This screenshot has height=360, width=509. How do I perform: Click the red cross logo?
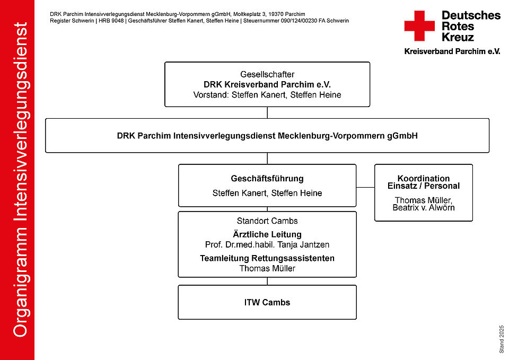419,25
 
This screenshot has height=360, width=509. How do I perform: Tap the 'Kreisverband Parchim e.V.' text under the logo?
452,51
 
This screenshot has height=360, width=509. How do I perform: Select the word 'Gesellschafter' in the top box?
267,74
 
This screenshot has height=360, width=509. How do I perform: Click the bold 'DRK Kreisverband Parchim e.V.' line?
267,84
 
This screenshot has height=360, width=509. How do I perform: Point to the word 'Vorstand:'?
211,95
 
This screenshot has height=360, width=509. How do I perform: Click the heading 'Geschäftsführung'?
267,179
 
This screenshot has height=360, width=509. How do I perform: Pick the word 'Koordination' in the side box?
424,178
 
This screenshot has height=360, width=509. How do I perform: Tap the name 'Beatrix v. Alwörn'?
424,208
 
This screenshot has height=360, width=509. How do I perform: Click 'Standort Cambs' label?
267,221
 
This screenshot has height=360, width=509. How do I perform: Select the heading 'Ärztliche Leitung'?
267,234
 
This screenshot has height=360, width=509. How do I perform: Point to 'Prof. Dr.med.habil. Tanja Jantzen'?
267,245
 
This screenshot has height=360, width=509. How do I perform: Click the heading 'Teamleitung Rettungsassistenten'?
267,258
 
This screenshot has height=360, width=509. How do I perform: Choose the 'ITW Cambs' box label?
267,303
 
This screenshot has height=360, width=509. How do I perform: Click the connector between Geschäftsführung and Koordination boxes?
365,187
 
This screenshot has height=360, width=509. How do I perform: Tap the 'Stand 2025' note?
502,339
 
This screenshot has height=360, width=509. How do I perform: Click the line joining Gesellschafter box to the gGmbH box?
267,112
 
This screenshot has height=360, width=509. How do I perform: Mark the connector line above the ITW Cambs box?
267,281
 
